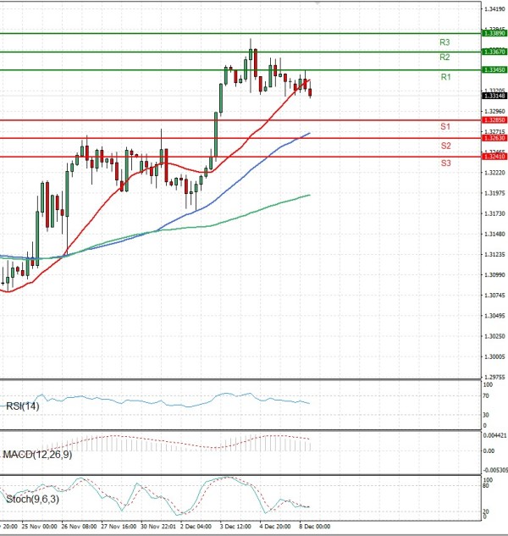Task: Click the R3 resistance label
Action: (x=444, y=41)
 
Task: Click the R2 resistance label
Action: (x=444, y=57)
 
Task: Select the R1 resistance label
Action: (x=445, y=77)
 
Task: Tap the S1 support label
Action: (x=444, y=126)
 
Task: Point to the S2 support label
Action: (x=445, y=146)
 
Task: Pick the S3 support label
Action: (x=445, y=162)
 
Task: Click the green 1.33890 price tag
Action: (x=494, y=33)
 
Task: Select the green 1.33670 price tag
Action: (x=494, y=52)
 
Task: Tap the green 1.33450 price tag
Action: (x=494, y=69)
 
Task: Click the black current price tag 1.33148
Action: (x=494, y=96)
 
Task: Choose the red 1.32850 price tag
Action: (x=494, y=120)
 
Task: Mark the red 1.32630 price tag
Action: (x=494, y=138)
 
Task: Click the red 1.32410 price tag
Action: (x=494, y=157)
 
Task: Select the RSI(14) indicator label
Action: (x=22, y=406)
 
